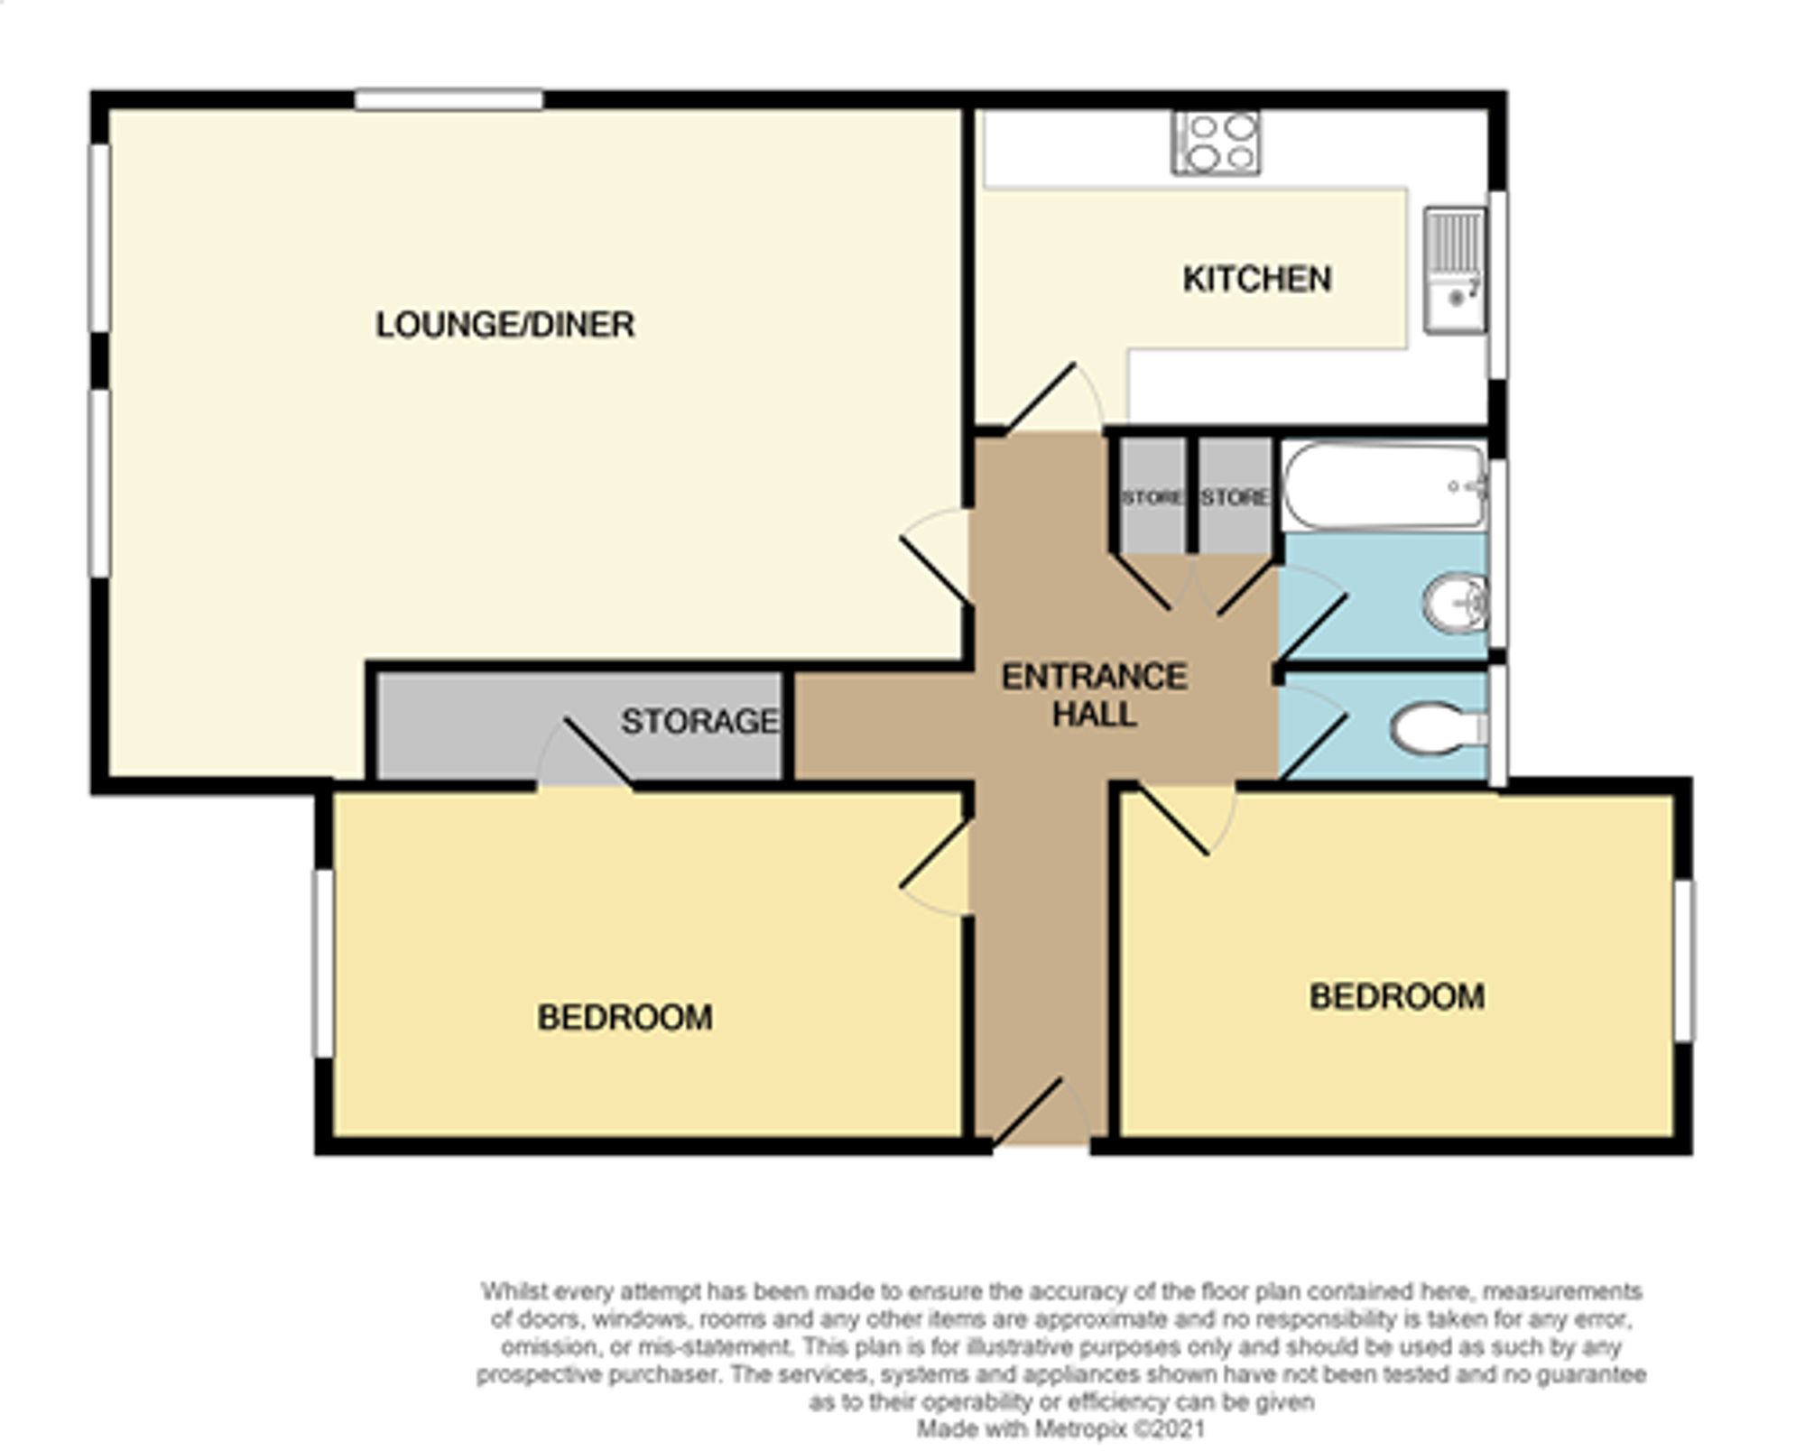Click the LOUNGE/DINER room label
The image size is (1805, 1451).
504,325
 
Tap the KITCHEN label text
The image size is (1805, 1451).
1256,280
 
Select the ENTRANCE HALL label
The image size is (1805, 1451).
1094,696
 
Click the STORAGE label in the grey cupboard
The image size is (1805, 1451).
699,721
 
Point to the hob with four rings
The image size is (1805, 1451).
1216,143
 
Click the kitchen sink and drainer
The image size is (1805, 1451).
1455,270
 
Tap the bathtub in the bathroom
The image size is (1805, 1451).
1383,486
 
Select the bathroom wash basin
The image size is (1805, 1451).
1454,602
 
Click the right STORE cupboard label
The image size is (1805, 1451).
1235,498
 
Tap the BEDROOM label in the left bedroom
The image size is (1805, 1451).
625,1018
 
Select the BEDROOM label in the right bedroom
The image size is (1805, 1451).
1396,997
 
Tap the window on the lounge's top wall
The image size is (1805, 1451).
449,99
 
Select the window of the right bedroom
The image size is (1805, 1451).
1683,961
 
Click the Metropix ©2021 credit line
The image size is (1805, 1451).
1060,1428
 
